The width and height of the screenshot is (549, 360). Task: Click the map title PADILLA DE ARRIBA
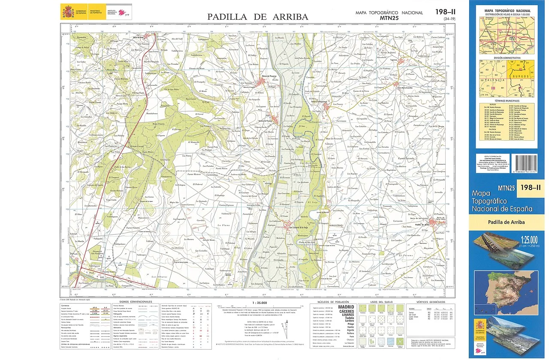[257, 17]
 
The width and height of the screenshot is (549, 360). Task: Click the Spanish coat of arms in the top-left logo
[68, 12]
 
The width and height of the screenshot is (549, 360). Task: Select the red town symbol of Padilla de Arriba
[422, 225]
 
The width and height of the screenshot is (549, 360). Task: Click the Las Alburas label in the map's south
[160, 278]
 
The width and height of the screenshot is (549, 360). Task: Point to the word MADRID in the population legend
[346, 307]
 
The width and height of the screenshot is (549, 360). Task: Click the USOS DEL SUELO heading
[379, 302]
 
